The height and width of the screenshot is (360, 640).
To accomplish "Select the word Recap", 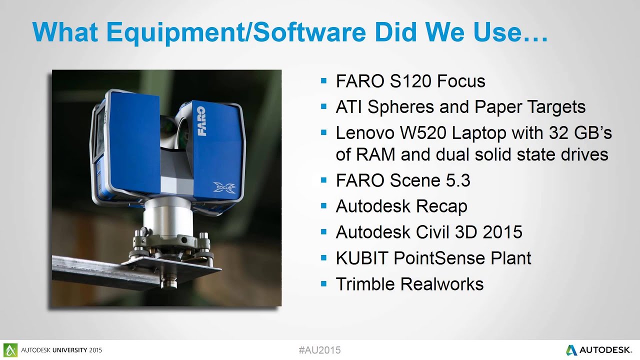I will click(x=443, y=206).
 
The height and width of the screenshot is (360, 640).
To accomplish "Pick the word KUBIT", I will click(x=362, y=258).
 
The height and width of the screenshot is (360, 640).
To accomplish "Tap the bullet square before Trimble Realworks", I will click(x=323, y=283).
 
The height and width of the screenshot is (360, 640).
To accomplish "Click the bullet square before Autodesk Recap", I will click(x=323, y=205).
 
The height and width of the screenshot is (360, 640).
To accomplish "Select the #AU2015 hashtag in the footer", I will click(x=319, y=350).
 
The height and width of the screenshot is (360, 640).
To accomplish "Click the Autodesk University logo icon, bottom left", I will click(x=10, y=349).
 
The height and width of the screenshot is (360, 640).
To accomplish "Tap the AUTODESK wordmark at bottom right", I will click(x=606, y=350).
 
